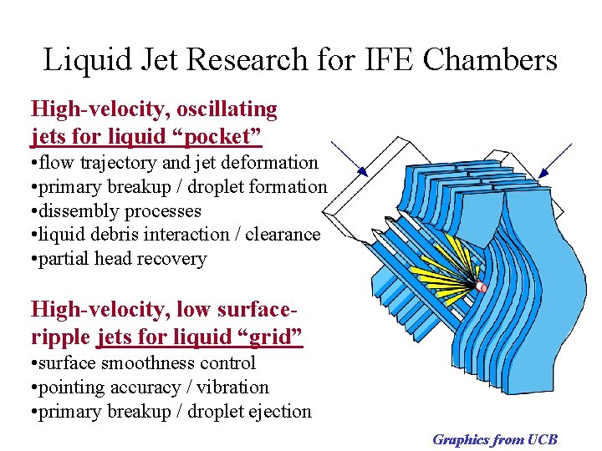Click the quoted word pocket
(217, 134)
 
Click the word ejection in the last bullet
(279, 412)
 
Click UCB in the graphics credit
(542, 439)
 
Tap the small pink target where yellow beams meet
(482, 288)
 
